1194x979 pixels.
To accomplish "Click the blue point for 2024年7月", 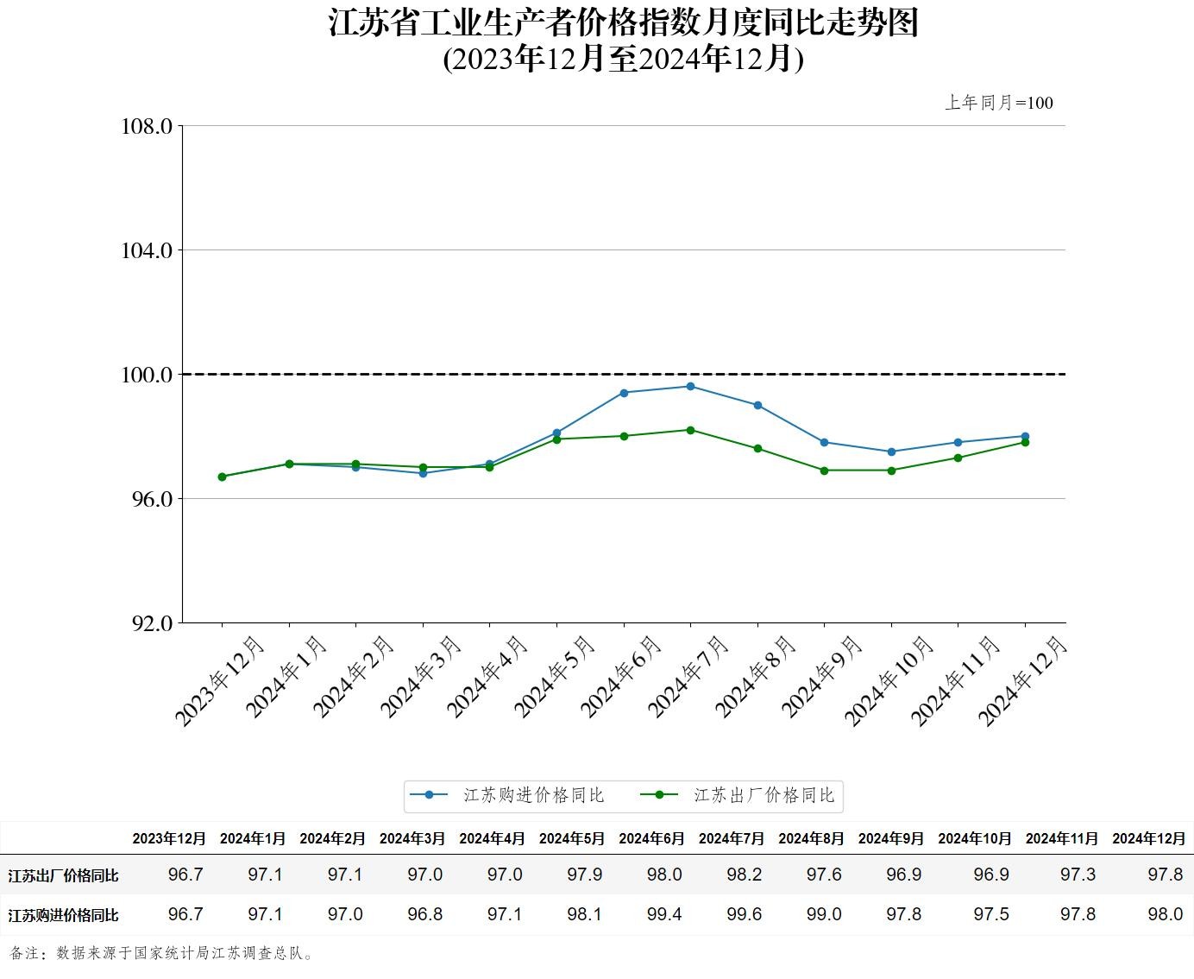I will click(x=690, y=386).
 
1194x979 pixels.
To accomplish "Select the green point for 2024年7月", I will click(x=690, y=430).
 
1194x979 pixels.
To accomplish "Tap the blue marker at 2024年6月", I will click(x=624, y=393).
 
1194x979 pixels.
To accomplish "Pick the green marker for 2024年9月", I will click(x=824, y=471).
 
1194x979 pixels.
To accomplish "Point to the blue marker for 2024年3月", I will click(x=423, y=473).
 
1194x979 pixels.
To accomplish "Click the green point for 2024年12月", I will click(x=1025, y=442).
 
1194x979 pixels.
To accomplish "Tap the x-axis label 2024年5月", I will click(x=554, y=677).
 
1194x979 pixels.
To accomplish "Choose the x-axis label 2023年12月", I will click(x=219, y=681).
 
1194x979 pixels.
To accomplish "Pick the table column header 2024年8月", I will click(x=811, y=838).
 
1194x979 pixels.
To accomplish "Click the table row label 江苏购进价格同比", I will click(x=63, y=915).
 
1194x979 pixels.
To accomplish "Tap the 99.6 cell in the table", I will click(x=744, y=914).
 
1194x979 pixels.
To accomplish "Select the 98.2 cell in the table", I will click(x=744, y=875).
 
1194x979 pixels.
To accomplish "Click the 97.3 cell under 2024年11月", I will click(x=1078, y=875).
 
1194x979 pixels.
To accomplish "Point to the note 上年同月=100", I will click(x=999, y=103).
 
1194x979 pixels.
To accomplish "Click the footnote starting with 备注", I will click(x=162, y=953).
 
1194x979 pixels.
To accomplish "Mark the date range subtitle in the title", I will click(x=623, y=59).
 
